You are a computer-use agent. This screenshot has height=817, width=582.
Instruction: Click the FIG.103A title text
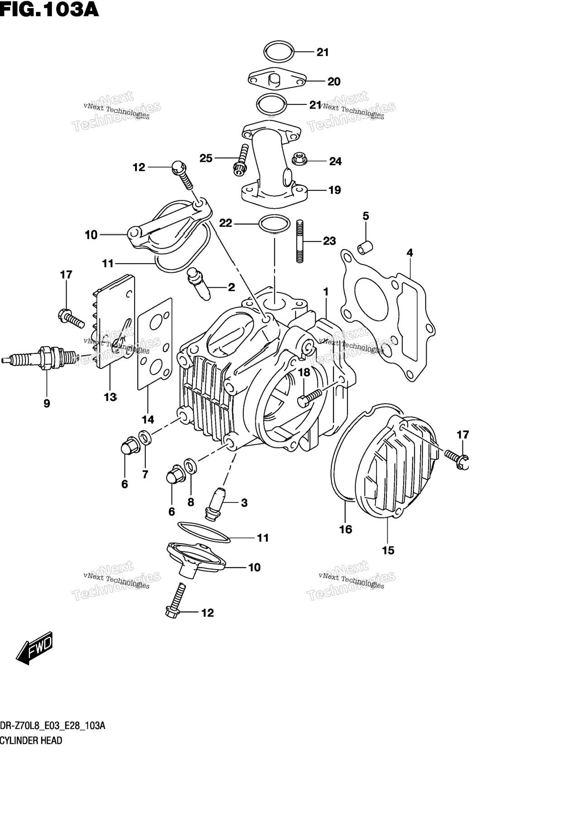coord(49,9)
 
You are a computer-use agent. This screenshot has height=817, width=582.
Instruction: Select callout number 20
coord(334,81)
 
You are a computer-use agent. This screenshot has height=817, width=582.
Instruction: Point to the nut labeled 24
coord(298,158)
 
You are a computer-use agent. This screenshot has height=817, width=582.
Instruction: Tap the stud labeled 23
coord(300,241)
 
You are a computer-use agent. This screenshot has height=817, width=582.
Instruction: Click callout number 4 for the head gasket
coord(409,253)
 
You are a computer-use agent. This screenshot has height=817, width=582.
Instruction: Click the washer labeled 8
coord(190,465)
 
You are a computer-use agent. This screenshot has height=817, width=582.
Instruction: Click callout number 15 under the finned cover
coord(388,551)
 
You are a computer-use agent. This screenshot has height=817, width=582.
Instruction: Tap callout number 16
coord(346,529)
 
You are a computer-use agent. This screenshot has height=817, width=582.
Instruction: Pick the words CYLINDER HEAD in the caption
coord(31,741)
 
